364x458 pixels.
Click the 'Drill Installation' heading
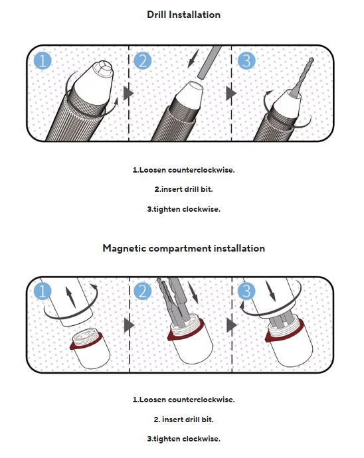183,15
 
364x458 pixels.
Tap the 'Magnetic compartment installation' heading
183,248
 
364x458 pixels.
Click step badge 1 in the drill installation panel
43,61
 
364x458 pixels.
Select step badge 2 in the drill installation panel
143,61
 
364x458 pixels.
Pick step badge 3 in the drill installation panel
246,61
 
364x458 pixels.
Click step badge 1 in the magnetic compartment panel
43,291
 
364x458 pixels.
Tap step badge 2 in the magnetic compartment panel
143,291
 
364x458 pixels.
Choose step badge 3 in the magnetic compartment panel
246,291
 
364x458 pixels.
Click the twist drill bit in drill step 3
303,76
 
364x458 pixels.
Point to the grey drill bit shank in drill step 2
210,61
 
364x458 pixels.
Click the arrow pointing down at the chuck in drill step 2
193,58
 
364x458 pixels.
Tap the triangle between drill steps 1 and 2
128,94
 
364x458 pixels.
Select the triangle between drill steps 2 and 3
231,94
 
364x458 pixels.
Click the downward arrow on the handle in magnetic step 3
270,291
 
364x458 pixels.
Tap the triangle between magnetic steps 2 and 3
232,325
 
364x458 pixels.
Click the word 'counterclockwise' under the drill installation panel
201,170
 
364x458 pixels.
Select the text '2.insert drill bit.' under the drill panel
183,189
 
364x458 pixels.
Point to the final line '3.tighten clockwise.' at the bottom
183,439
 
